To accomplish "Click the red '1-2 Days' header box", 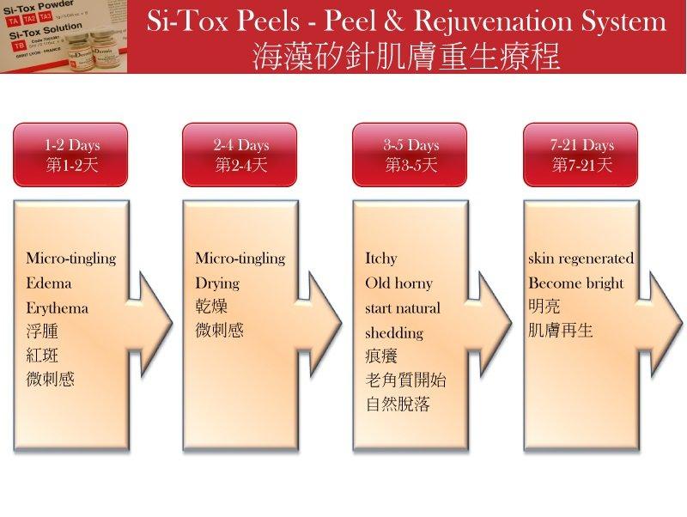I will pyautogui.click(x=70, y=155).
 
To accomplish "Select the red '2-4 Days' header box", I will pyautogui.click(x=240, y=155).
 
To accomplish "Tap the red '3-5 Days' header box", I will pyautogui.click(x=410, y=155).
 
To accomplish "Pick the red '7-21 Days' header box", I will pyautogui.click(x=581, y=155).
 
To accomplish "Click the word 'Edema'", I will pyautogui.click(x=49, y=283).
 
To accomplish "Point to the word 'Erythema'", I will pyautogui.click(x=57, y=308).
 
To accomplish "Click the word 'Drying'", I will pyautogui.click(x=217, y=283).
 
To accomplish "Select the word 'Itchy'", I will pyautogui.click(x=381, y=258).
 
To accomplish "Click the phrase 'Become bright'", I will pyautogui.click(x=575, y=283).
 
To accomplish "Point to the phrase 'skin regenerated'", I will pyautogui.click(x=581, y=258).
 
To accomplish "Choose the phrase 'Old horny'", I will pyautogui.click(x=398, y=283).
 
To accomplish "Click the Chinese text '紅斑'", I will pyautogui.click(x=42, y=355).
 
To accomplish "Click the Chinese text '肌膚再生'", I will pyautogui.click(x=560, y=330).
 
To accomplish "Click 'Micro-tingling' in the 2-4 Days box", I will pyautogui.click(x=240, y=258).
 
